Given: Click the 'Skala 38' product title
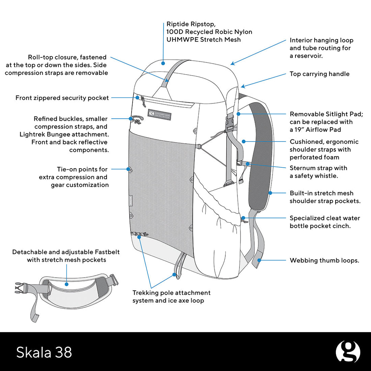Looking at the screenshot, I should click(44, 352).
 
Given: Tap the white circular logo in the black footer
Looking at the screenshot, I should click(348, 352).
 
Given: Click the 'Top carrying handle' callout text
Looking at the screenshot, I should click(319, 74).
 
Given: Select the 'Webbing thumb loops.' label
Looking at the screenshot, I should click(324, 260).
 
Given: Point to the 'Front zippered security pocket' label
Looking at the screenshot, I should click(62, 98).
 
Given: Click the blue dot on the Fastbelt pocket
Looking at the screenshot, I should click(67, 284).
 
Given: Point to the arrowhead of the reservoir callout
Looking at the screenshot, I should click(232, 63).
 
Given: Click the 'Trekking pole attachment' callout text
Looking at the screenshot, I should click(171, 293).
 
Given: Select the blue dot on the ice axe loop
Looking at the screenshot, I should click(174, 274).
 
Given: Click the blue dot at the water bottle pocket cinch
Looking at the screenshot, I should click(243, 218).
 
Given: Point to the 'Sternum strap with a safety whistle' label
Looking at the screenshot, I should click(318, 172).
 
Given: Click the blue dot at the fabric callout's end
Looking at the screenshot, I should click(164, 63).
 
